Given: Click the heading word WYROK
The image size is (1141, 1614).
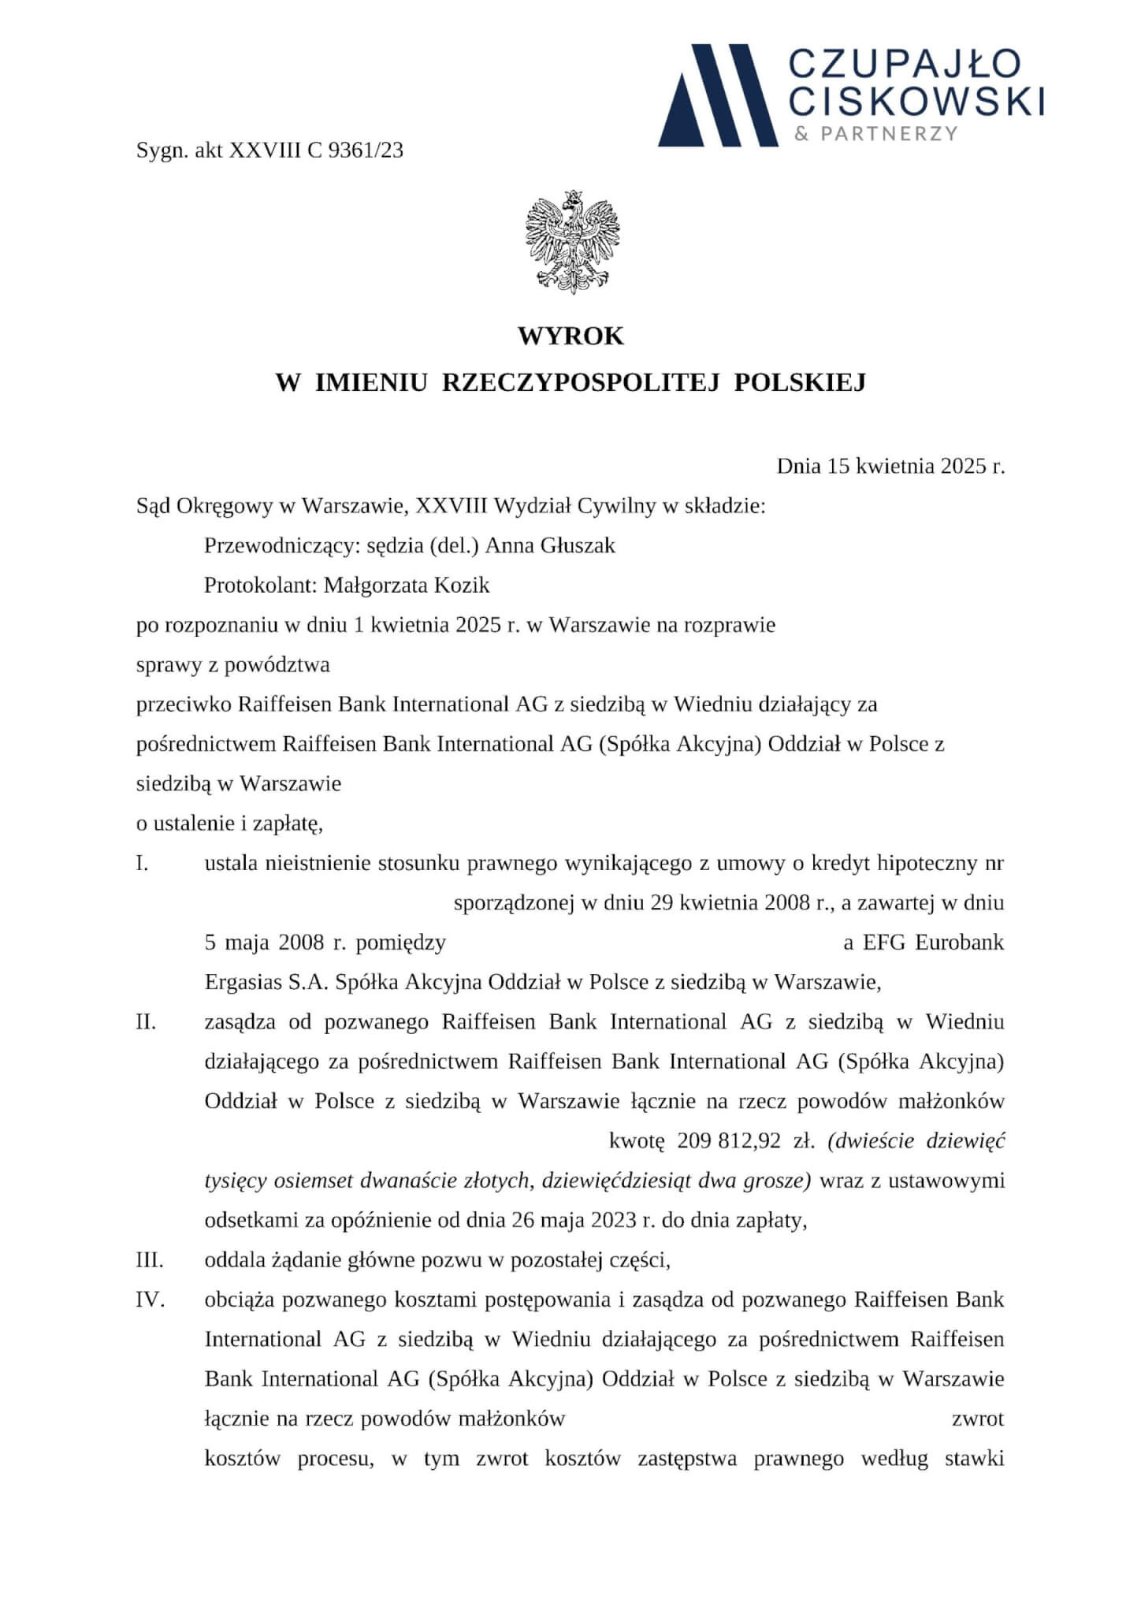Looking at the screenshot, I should coord(570,337).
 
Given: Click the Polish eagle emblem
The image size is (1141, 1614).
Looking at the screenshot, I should coord(572,243).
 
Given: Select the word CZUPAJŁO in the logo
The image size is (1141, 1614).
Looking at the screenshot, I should coord(905,65).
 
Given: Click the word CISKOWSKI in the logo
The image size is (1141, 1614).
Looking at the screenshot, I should coord(916,101).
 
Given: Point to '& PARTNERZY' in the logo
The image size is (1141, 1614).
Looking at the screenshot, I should coord(876,134).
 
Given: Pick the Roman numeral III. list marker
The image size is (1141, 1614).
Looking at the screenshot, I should coord(150,1260).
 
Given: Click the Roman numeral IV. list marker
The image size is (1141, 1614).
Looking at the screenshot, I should coord(150,1300).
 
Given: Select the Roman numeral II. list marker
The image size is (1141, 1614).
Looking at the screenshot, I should coord(147,1022).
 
